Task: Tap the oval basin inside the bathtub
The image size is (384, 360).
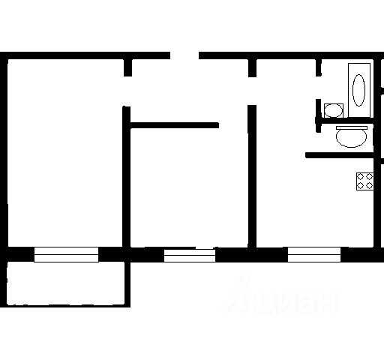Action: coord(358,90)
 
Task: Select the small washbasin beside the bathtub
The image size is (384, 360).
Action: coord(334,110)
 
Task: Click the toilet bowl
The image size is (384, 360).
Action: coord(351,138)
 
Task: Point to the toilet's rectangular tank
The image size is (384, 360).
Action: coord(352,127)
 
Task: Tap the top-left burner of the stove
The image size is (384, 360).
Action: coord(360,177)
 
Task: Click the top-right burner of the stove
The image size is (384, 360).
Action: coord(369,177)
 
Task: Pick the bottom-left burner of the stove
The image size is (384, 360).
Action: coord(360,186)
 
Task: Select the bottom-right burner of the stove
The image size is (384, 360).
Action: coord(369,186)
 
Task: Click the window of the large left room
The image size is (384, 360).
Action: coord(66,254)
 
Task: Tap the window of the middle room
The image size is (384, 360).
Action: coord(190,255)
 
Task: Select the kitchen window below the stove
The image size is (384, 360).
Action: coord(314,254)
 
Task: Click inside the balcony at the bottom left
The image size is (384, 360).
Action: coord(66,283)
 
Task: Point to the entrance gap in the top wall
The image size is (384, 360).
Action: coord(184,55)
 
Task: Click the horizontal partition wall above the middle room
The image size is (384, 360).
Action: coord(175,125)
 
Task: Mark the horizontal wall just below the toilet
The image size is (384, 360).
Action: coord(340,155)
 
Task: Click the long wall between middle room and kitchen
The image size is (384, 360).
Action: coord(252,176)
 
